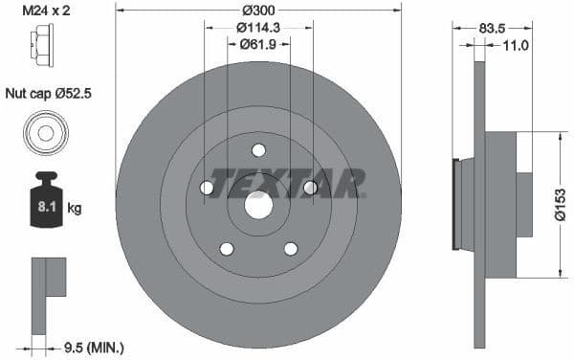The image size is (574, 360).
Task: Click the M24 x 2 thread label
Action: point(45,11)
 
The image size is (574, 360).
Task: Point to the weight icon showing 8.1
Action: point(46,202)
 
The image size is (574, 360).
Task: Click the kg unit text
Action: point(74,207)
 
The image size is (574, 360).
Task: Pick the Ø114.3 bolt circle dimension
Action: point(258,28)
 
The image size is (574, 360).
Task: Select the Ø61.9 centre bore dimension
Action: point(258,44)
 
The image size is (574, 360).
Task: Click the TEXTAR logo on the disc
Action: point(287,181)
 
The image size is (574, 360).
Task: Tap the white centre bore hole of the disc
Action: point(258,205)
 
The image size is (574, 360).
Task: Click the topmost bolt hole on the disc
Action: point(258,149)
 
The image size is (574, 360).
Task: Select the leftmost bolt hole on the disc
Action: point(207,188)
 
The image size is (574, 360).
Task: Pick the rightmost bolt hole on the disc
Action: point(310,188)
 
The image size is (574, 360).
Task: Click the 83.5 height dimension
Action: point(492,29)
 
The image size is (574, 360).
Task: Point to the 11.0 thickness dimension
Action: point(516,44)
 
